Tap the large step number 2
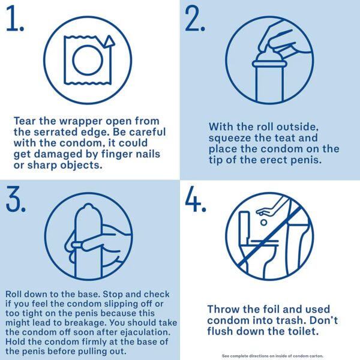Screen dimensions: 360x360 [x=194, y=19]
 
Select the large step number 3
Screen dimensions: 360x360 [x=15, y=199]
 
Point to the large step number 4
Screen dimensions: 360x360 [x=195, y=199]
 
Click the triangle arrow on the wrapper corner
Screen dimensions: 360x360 [x=109, y=41]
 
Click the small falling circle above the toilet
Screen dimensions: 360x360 [x=264, y=222]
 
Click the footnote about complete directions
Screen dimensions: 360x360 [x=272, y=356]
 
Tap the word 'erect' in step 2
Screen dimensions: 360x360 [x=274, y=160]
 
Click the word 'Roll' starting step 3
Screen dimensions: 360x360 [x=14, y=294]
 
